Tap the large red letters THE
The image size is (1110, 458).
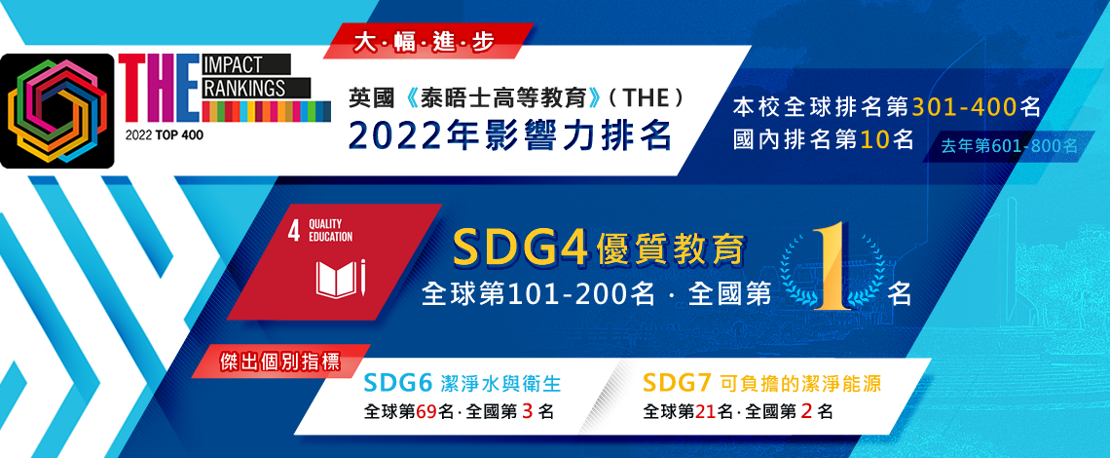[x=158, y=87]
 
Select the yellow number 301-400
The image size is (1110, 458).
[x=965, y=107]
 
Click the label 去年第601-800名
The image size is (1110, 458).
[x=1009, y=146]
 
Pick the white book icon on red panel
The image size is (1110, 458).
[x=341, y=280]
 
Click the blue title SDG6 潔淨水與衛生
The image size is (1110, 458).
[x=462, y=384]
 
